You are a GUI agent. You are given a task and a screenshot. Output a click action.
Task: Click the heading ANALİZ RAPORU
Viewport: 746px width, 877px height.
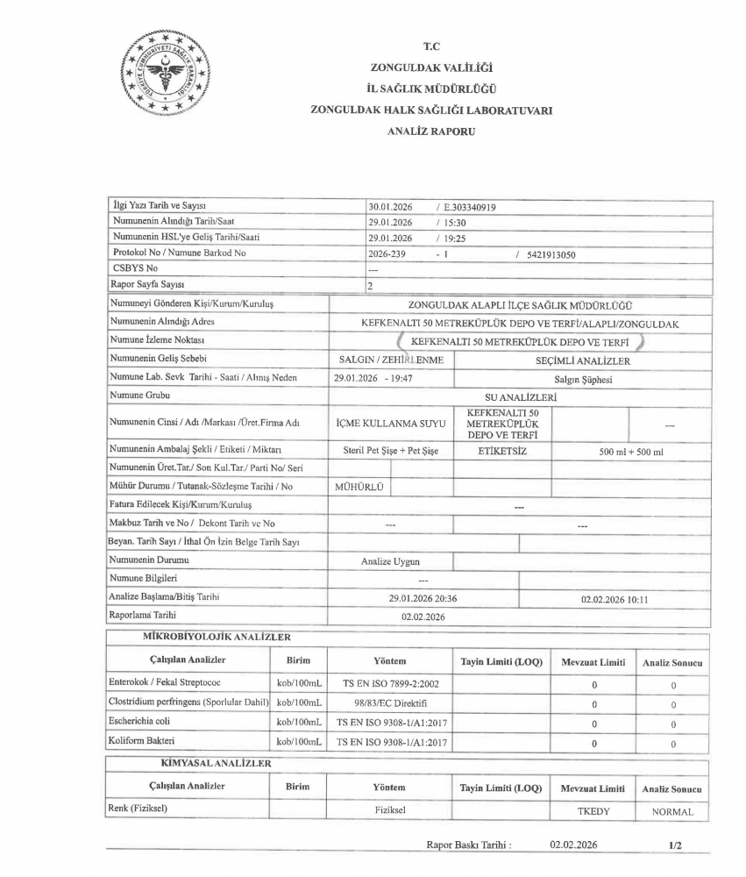(430, 130)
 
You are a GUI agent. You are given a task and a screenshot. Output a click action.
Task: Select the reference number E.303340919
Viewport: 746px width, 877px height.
(472, 208)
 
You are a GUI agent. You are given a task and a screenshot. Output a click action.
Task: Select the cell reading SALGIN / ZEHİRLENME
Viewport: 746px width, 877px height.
(391, 360)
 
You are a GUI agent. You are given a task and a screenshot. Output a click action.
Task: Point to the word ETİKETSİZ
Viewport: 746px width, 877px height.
(502, 450)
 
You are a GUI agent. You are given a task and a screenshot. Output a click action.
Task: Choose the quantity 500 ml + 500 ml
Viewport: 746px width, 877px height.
(630, 451)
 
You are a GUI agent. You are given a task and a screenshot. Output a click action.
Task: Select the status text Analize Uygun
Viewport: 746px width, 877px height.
(390, 560)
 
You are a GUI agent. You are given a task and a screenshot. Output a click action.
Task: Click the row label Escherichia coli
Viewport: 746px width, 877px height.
(144, 722)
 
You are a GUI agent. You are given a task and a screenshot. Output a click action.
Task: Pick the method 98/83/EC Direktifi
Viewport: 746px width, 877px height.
(389, 702)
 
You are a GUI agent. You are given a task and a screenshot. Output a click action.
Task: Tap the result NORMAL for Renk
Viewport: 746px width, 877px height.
(672, 812)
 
